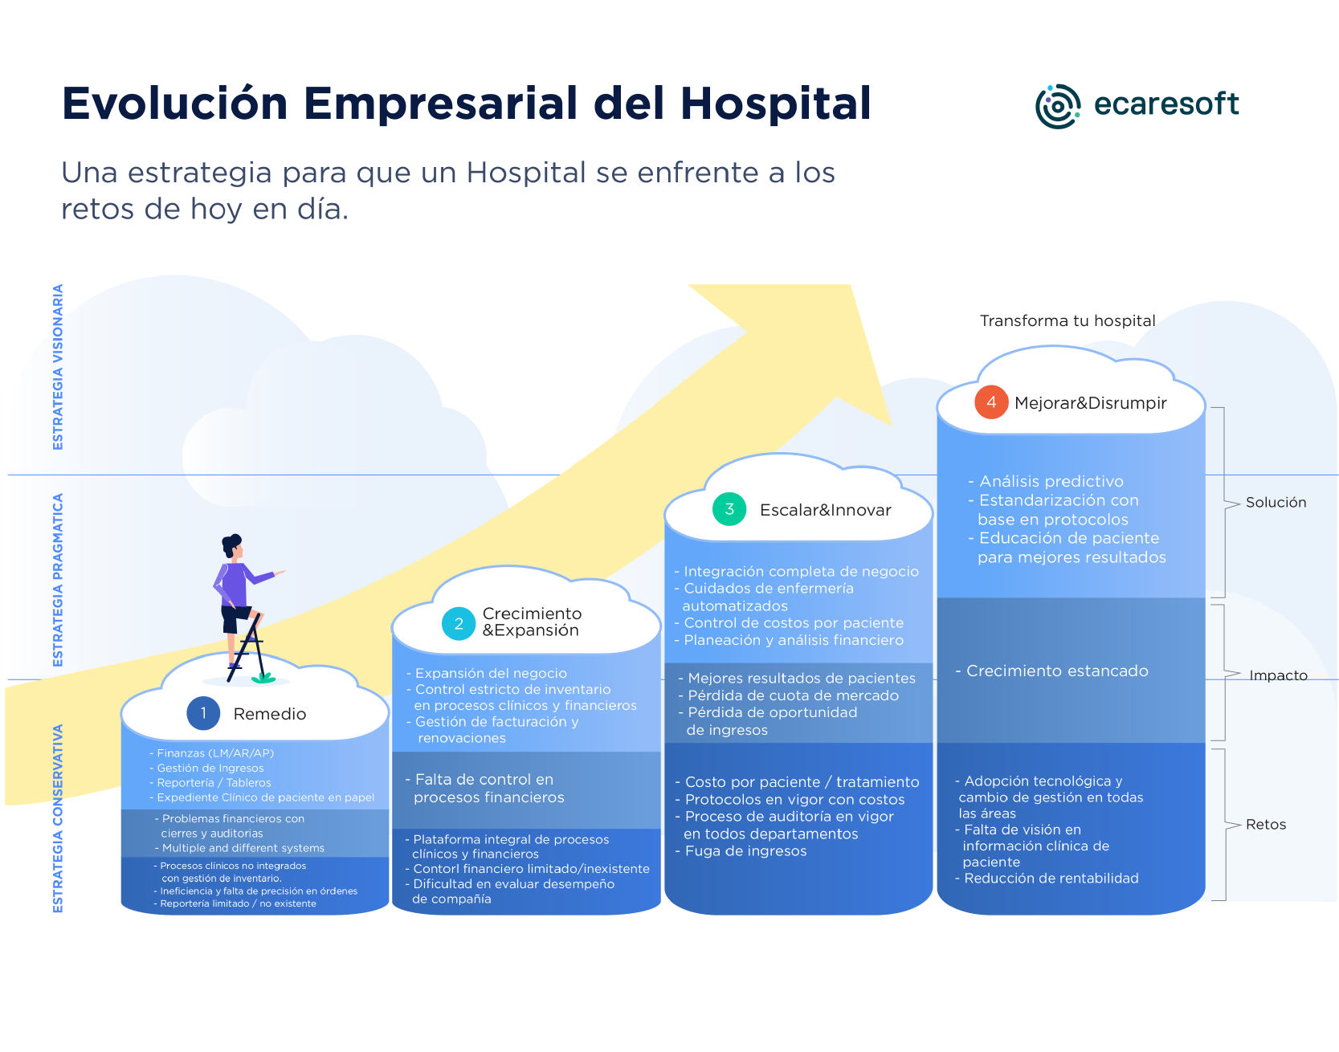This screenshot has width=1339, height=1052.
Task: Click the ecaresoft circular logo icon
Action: pos(1058,106)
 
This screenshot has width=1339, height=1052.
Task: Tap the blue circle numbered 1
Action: pos(203,713)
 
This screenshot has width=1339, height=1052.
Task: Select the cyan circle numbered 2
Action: pos(459,623)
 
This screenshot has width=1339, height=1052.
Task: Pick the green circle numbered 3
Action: pos(729,509)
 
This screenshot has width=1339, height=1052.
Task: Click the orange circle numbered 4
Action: pos(991,402)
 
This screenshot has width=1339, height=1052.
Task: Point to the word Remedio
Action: pos(270,714)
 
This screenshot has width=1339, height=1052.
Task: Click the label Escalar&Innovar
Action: pos(825,510)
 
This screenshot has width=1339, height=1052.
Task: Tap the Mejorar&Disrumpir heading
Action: pos(1090,403)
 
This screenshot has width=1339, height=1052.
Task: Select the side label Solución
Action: pos(1276,503)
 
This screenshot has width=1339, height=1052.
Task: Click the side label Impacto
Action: pos(1278,675)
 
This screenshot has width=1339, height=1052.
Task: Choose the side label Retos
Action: pos(1266,825)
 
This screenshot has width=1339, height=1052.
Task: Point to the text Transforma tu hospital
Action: pos(1068,321)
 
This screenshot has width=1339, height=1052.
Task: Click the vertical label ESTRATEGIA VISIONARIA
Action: pos(58,367)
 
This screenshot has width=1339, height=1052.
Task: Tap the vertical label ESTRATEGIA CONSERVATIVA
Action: pos(58,818)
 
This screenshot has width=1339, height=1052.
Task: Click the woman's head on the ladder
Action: pos(232,546)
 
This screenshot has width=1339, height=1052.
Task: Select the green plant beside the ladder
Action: pos(263,678)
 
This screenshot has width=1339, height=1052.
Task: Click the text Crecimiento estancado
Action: pos(1057,671)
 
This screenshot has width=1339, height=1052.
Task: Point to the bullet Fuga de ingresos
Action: pos(745,851)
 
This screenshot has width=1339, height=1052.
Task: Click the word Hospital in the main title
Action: pos(775,104)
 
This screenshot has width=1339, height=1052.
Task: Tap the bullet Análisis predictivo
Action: pos(1051,482)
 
